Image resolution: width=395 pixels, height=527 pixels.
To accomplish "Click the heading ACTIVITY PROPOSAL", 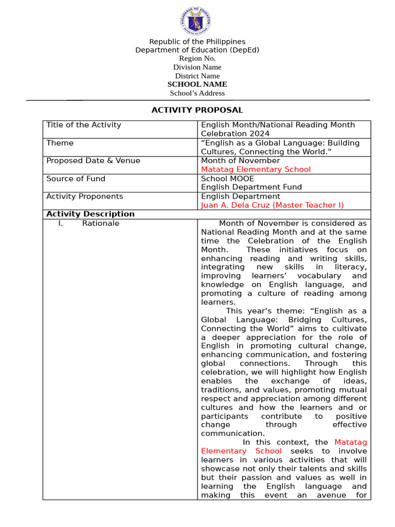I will point(197,110).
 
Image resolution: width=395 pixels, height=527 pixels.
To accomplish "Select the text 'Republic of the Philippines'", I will point(197,42).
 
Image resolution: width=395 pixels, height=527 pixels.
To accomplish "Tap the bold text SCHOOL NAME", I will point(197,84).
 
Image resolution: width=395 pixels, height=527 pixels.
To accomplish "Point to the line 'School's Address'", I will point(197,93).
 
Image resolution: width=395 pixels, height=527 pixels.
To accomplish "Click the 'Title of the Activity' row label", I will point(83,125).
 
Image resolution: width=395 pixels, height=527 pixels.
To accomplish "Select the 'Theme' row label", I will point(60,143).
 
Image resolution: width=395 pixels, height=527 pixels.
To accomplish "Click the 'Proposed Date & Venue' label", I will point(93,161).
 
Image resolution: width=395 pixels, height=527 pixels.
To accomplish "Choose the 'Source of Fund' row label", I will point(76,179).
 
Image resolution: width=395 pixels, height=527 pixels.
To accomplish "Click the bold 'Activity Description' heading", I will point(90,214).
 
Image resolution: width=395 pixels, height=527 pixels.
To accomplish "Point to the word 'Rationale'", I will point(100,223).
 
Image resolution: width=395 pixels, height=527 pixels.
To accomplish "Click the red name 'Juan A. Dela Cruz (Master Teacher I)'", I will point(272,205).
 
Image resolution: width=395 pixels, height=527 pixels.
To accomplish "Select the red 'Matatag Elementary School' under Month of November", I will point(256,169).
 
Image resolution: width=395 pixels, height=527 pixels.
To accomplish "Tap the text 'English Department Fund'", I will point(251,187).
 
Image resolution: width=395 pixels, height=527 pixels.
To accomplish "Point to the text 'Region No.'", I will point(197,59).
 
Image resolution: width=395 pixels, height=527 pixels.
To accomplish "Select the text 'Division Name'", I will point(197,67).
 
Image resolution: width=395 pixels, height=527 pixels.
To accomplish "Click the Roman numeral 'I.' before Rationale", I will point(60,223).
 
